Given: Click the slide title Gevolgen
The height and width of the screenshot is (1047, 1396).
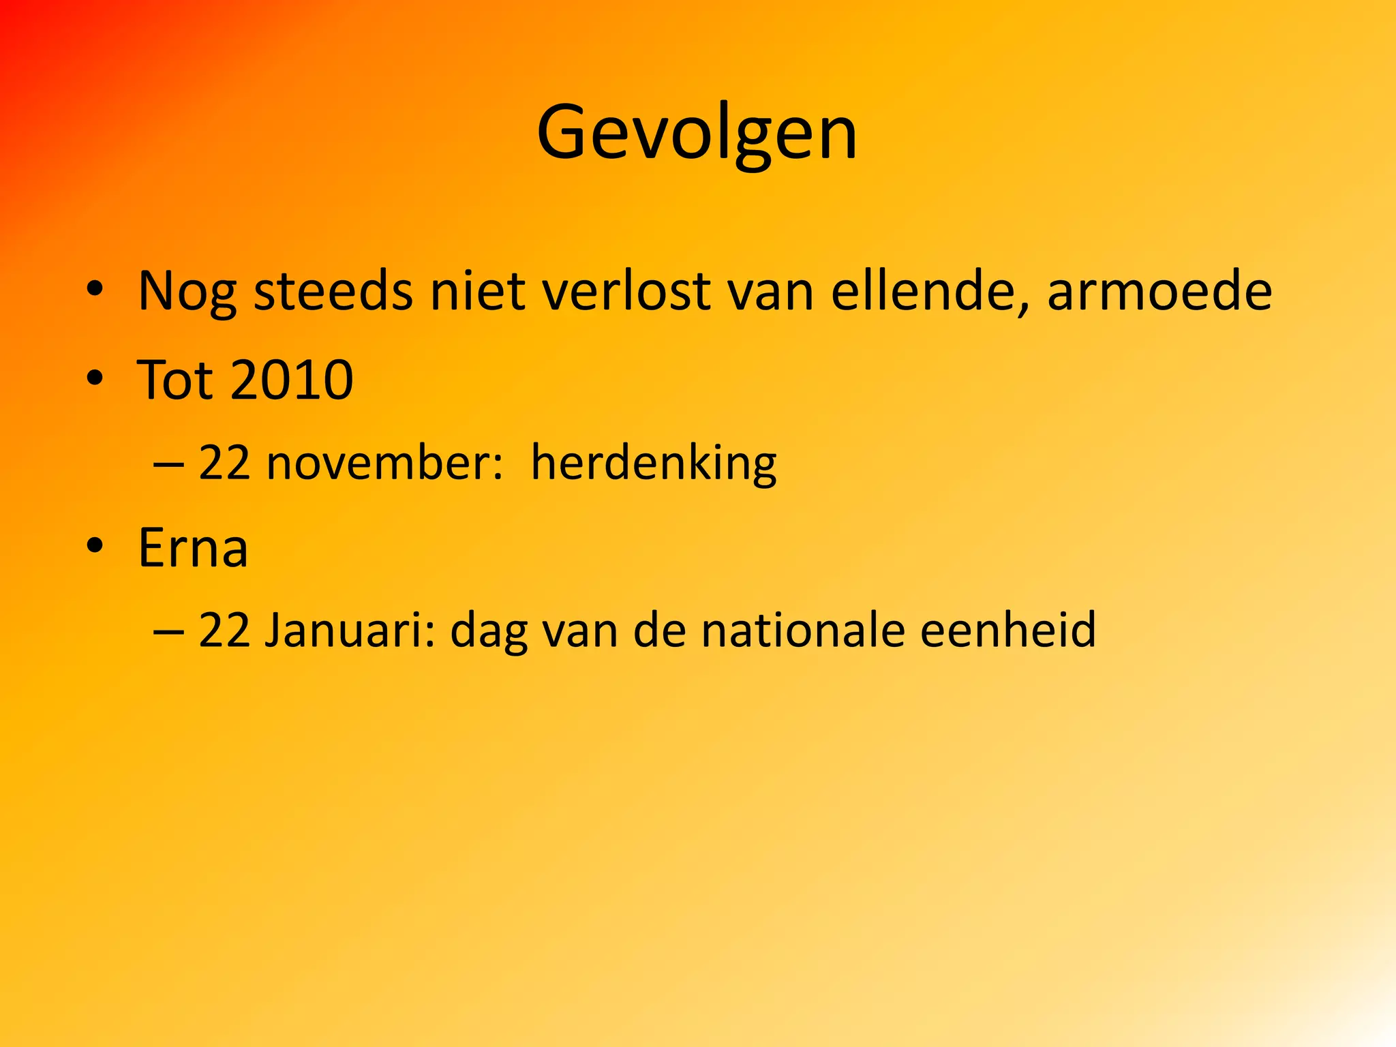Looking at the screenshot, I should tap(697, 133).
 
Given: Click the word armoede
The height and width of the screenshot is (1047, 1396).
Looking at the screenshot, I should tap(1159, 292).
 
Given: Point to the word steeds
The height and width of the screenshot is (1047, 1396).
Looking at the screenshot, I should tap(333, 292).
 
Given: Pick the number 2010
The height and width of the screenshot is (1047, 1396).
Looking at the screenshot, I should tap(292, 380).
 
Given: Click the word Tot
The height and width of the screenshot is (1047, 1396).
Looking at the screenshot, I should tap(174, 380).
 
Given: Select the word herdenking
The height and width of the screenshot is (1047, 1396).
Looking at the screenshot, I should tap(653, 464).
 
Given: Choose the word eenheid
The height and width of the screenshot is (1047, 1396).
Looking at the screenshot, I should tap(1008, 630).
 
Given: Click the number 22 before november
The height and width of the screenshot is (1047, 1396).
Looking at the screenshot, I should tap(224, 463).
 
